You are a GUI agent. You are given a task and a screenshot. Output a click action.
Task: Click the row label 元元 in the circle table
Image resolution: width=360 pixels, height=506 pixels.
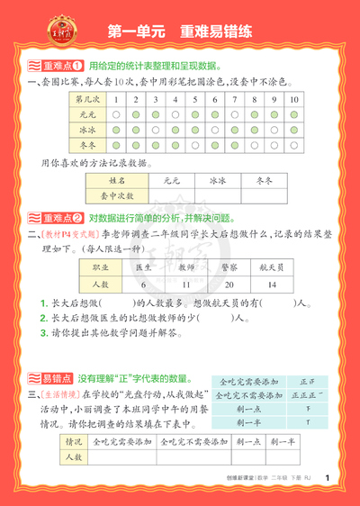(x=86, y=115)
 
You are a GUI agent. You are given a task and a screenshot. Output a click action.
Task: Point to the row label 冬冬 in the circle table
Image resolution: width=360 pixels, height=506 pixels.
(x=86, y=147)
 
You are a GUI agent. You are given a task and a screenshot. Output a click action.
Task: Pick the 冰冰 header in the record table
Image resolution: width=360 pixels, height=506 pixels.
(x=217, y=180)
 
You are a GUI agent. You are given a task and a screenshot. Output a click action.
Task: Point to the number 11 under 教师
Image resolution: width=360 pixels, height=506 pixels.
(x=185, y=284)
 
